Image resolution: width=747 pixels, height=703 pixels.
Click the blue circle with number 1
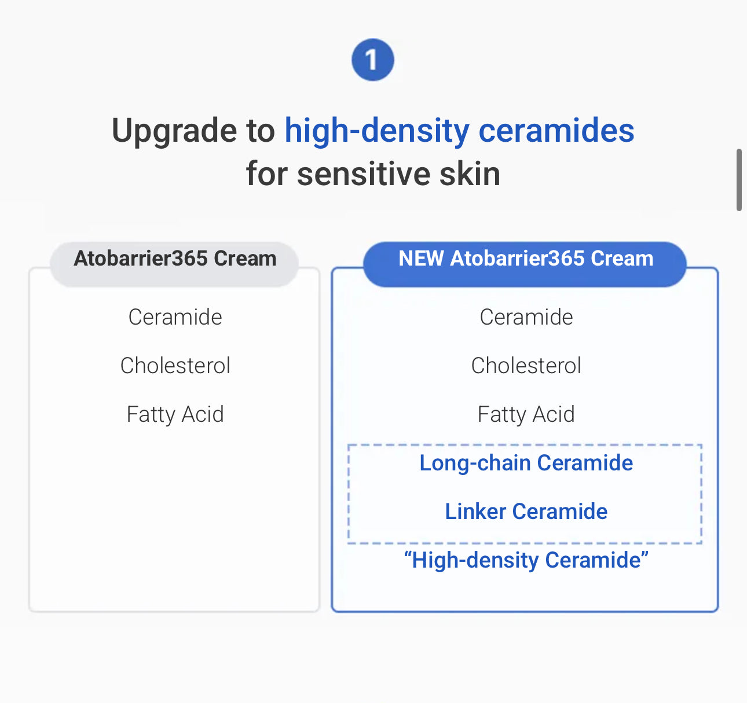tap(372, 60)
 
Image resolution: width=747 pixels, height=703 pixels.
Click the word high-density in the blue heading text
tap(376, 131)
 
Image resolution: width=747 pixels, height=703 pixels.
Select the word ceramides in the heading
tap(556, 131)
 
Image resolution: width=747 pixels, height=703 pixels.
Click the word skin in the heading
tap(470, 174)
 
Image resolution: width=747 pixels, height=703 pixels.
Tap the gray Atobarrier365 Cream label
tap(175, 259)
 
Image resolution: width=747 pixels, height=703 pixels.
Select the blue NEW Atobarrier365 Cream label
tap(525, 259)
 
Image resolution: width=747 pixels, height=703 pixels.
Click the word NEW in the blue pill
tap(421, 259)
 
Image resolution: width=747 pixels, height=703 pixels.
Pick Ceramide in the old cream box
tap(175, 317)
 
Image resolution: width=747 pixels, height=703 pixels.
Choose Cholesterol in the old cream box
tap(175, 366)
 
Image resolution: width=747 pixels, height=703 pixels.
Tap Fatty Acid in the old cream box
tap(175, 414)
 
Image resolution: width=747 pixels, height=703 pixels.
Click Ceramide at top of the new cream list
tap(526, 317)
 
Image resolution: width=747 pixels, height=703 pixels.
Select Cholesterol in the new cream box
tap(526, 366)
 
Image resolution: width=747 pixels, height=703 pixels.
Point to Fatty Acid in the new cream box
tap(526, 414)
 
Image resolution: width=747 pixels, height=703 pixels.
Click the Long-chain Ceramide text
tap(526, 463)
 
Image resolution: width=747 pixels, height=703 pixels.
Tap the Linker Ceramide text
tap(526, 511)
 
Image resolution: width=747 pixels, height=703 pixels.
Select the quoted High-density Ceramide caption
tap(526, 560)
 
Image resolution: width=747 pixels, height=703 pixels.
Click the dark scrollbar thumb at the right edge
tap(739, 180)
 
